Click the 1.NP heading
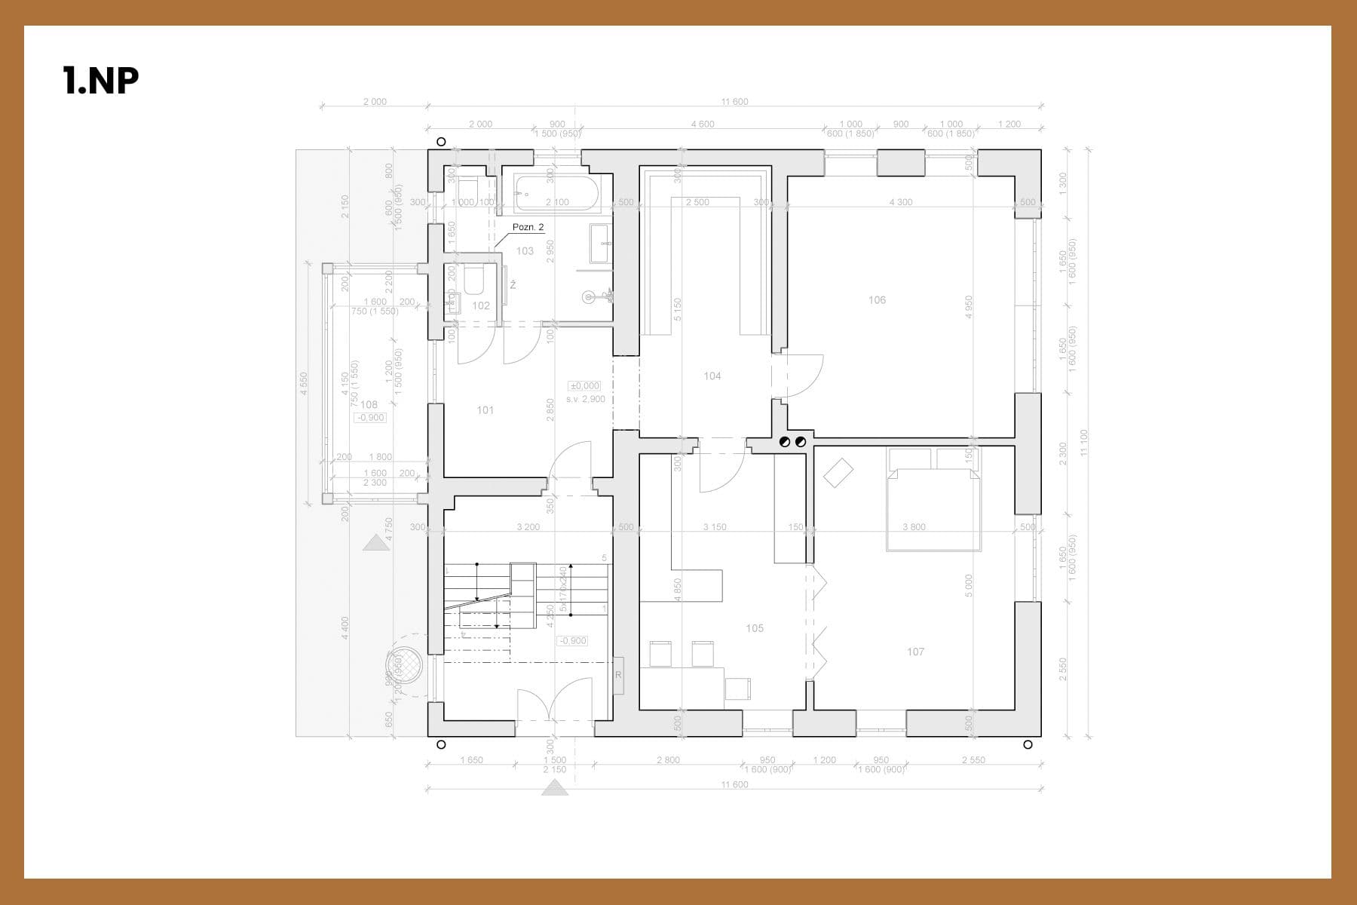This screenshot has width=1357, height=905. [x=101, y=80]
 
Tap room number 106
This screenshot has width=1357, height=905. [x=877, y=300]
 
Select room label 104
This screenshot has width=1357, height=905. [x=712, y=376]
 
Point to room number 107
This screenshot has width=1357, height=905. [x=915, y=652]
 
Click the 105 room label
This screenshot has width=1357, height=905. [x=754, y=627]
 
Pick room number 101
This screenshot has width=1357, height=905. [x=485, y=410]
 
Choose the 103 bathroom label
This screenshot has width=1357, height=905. [x=525, y=251]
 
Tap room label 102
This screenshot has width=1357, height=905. [x=481, y=305]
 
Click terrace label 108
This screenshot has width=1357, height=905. [x=369, y=405]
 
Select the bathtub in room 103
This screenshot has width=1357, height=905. [x=557, y=194]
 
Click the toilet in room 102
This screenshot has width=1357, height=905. [x=473, y=280]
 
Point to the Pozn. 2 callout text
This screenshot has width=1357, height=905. [x=528, y=227]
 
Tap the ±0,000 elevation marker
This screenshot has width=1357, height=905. [x=585, y=386]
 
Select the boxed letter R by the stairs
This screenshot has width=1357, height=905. [x=618, y=675]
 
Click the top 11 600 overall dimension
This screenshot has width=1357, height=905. [x=734, y=102]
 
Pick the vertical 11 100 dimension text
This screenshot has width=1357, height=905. [x=1084, y=442]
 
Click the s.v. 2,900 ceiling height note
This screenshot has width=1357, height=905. [x=585, y=399]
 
